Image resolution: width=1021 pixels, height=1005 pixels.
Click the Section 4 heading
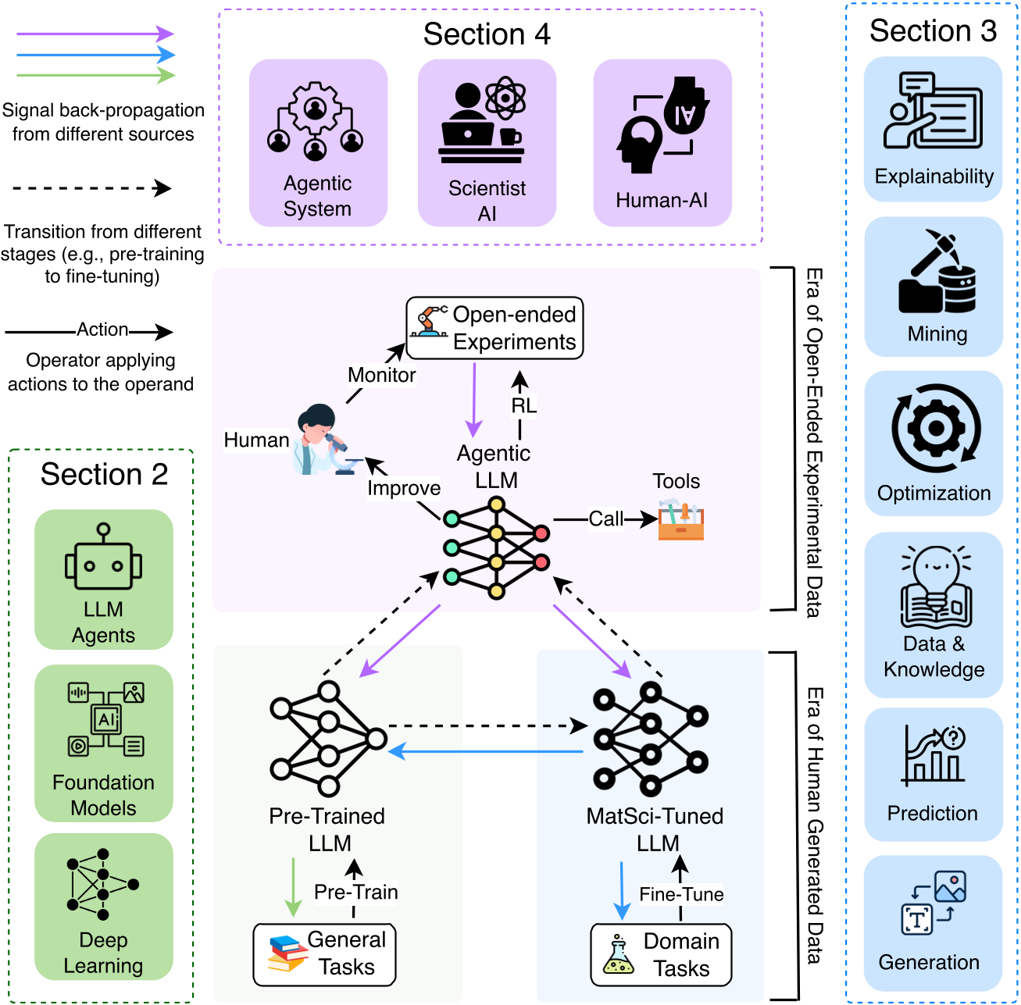(x=487, y=34)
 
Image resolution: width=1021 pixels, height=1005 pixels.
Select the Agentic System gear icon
(x=316, y=122)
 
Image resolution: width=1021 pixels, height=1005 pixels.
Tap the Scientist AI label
(x=487, y=201)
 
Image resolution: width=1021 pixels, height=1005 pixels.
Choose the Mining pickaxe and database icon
(x=937, y=271)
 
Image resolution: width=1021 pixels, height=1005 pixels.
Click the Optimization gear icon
(x=935, y=428)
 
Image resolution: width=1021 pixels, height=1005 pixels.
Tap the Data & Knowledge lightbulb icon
(x=936, y=586)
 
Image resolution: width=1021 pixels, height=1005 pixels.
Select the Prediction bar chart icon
(x=934, y=755)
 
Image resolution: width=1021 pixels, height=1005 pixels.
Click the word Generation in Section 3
(x=929, y=962)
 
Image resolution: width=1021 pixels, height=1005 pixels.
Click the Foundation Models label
(x=103, y=795)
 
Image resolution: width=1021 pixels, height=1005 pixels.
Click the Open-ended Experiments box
(x=494, y=328)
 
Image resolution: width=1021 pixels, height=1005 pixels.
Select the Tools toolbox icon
(x=680, y=522)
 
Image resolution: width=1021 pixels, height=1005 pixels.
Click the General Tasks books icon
(x=287, y=953)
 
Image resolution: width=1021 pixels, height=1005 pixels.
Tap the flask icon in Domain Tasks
(x=619, y=955)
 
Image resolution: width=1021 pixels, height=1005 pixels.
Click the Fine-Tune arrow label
(x=681, y=894)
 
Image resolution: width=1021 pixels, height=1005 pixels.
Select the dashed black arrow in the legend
(x=91, y=188)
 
